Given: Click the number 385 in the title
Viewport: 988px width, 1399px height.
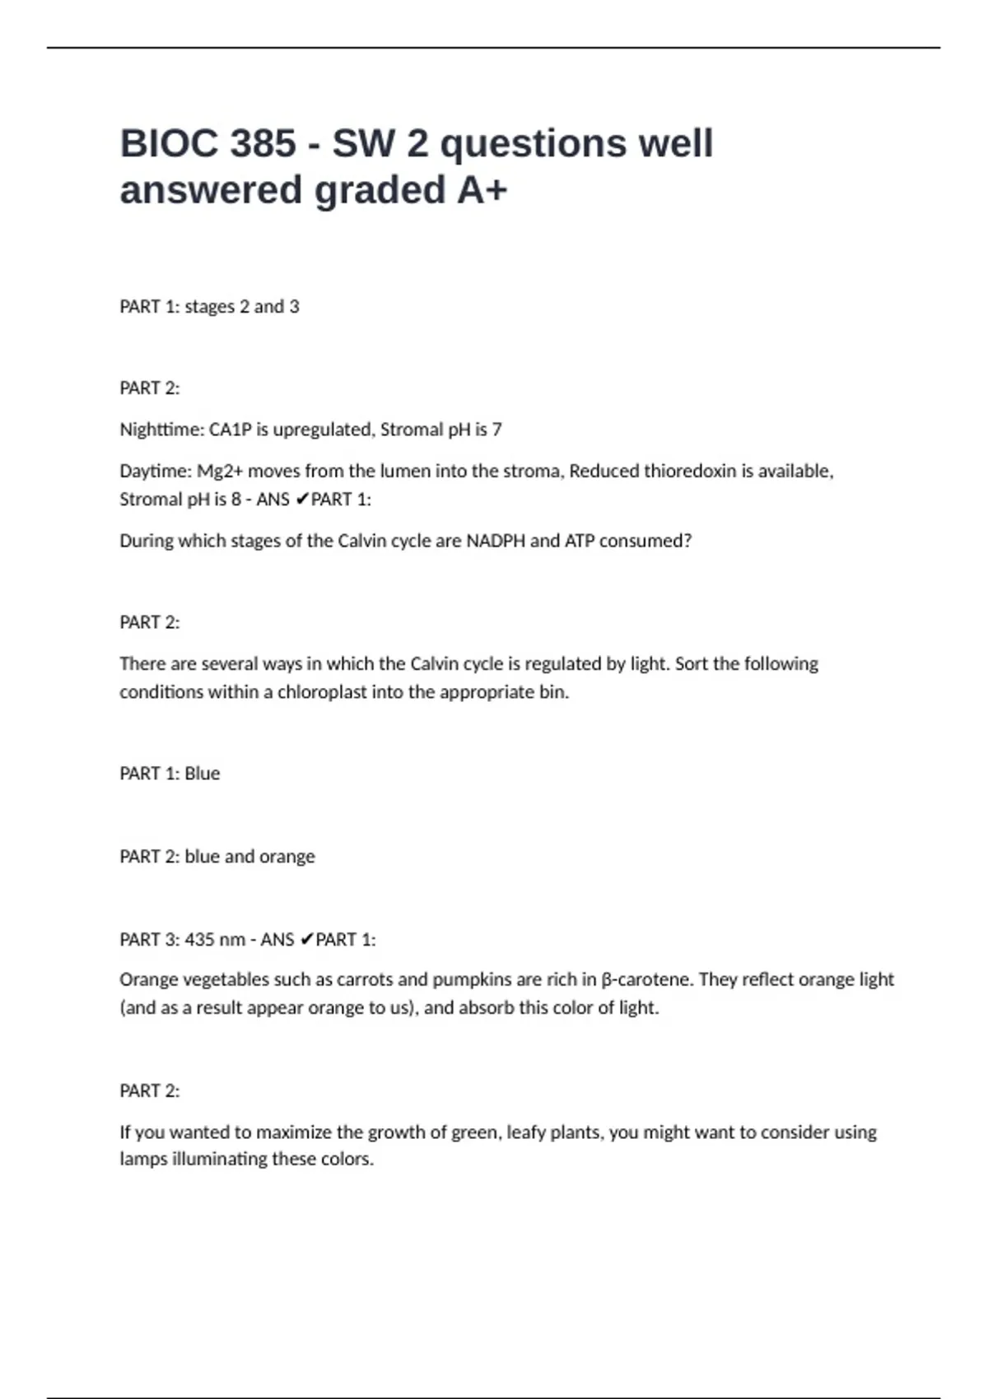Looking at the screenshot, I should (263, 143).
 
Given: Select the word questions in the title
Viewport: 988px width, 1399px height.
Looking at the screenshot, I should (534, 145).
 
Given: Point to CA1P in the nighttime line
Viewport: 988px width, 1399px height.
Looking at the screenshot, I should (230, 430).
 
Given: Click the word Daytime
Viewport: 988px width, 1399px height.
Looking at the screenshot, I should (156, 472).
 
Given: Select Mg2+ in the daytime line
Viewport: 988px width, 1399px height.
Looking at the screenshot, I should (220, 472).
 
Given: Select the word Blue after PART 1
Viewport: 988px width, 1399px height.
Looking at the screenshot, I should (202, 774).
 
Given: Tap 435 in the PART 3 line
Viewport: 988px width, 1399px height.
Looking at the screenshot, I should (199, 939).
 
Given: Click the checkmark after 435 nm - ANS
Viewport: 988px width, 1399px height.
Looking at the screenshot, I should (305, 939).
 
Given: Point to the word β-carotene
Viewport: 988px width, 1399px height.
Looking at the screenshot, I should (647, 979).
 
